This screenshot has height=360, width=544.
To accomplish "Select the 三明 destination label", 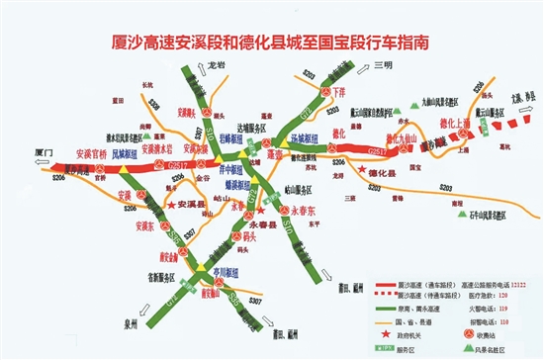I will point(385,66).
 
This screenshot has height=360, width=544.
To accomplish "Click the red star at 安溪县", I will point(171,204).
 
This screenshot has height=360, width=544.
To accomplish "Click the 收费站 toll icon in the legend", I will point(469,334).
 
